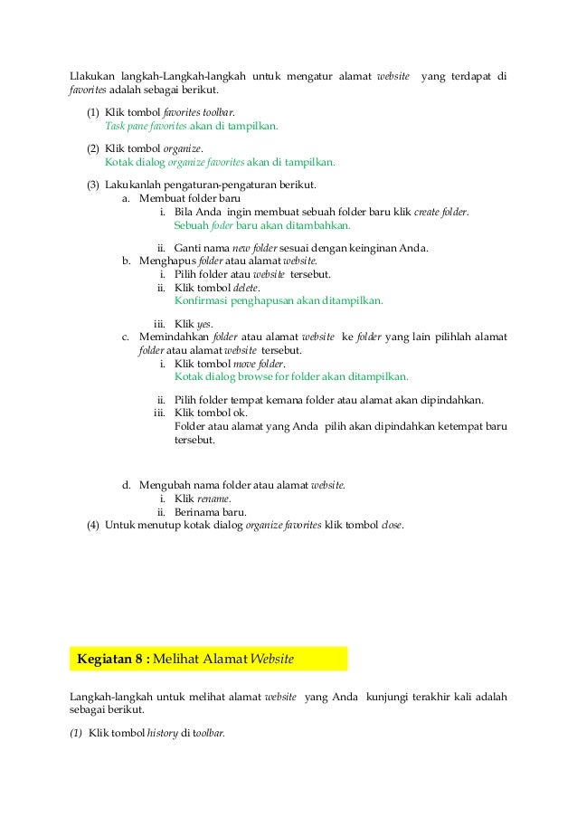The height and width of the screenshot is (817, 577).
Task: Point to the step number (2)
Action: click(93, 148)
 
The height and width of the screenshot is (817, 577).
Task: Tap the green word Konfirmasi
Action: click(203, 301)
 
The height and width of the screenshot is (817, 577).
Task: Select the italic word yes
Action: click(205, 324)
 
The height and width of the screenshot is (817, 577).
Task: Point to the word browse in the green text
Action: click(251, 377)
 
